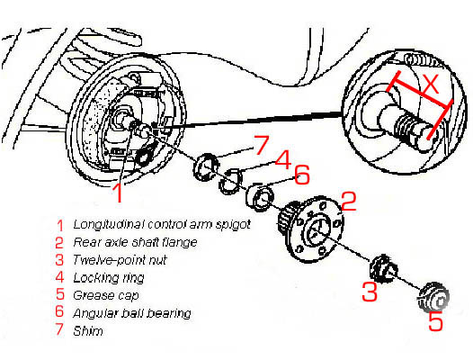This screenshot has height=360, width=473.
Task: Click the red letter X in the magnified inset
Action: (x=430, y=85)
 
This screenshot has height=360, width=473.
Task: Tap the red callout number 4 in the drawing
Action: (x=281, y=160)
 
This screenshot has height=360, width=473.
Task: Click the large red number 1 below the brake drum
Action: (x=117, y=192)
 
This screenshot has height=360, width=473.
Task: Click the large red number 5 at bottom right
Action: (x=435, y=322)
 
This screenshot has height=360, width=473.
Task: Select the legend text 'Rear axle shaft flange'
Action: (x=121, y=242)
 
